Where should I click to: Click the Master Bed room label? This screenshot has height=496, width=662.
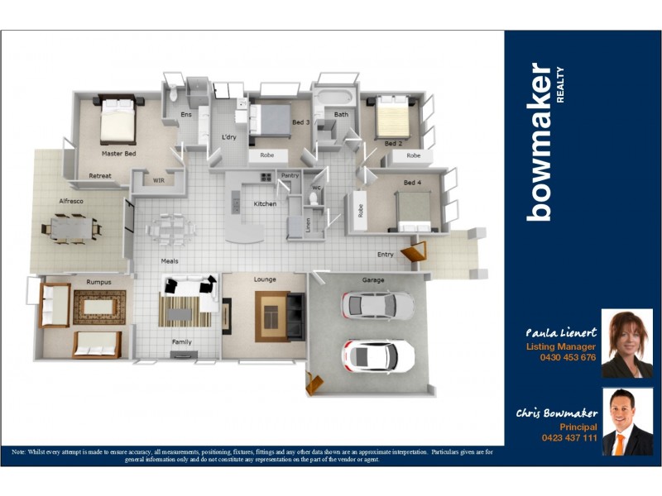[118, 154]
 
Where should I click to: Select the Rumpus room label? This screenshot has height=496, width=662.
[99, 281]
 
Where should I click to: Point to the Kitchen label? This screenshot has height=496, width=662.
[265, 204]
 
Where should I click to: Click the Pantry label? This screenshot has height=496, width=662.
[290, 175]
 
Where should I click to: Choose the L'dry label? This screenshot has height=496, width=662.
[230, 137]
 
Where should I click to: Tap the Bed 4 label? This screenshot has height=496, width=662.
[412, 182]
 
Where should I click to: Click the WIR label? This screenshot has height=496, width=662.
[159, 180]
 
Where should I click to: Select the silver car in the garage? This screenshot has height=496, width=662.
[377, 305]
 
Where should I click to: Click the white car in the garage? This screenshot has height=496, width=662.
[378, 355]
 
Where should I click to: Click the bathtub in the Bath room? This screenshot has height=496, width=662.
[334, 99]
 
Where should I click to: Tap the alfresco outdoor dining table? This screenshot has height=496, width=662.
[71, 227]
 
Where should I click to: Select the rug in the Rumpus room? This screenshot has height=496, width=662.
[98, 307]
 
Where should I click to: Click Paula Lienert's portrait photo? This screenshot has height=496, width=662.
[626, 343]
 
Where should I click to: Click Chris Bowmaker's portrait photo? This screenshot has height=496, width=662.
[626, 422]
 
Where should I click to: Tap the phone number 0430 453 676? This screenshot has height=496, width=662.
[567, 358]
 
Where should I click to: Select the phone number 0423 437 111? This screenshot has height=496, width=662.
[568, 437]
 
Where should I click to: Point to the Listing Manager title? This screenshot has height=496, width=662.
[561, 346]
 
